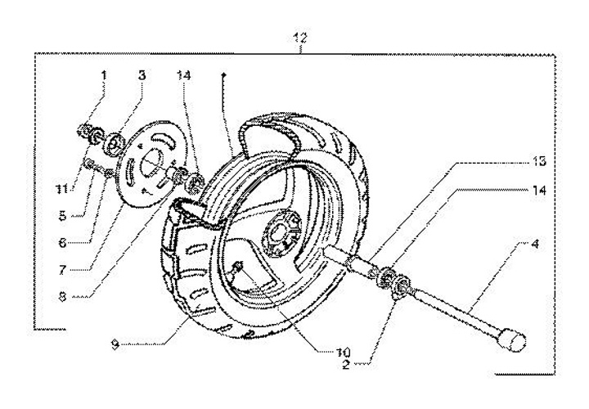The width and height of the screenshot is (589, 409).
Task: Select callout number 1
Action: point(105,75)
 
